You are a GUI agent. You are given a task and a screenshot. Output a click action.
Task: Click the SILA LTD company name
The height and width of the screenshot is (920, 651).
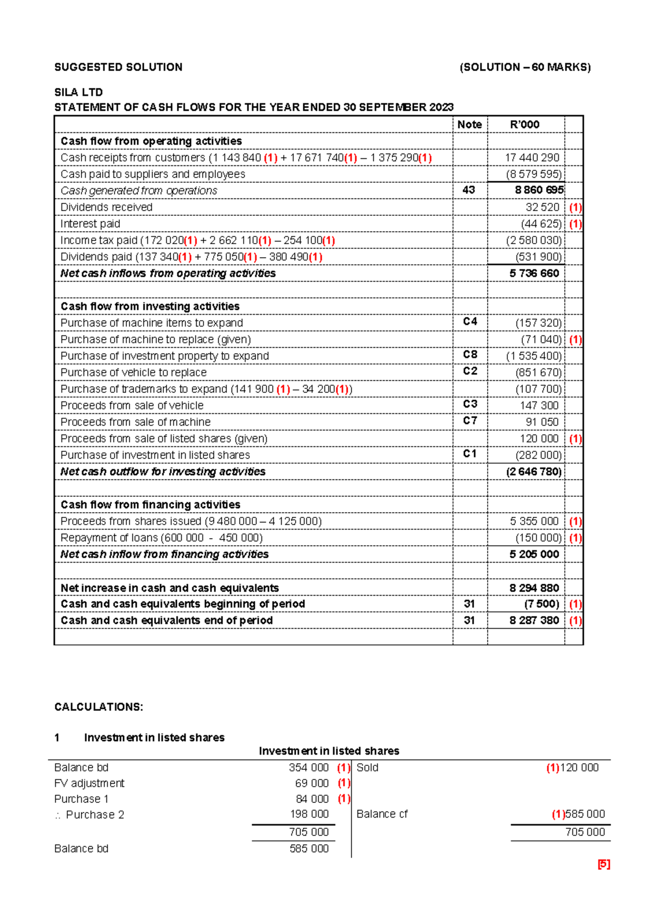[x=78, y=92]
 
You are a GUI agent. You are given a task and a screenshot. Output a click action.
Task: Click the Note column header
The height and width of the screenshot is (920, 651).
[x=469, y=124]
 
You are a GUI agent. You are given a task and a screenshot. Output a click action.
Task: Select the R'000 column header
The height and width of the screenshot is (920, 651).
[x=525, y=124]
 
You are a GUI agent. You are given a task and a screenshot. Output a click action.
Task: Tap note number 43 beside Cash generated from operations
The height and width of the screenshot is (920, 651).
[x=469, y=190]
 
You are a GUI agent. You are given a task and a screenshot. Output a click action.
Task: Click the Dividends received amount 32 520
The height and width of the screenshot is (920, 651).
[x=542, y=207]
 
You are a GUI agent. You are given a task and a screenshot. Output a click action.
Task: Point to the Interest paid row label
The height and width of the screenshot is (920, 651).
[x=90, y=223]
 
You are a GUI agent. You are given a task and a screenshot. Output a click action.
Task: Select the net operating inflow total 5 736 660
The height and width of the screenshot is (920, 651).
[x=534, y=273]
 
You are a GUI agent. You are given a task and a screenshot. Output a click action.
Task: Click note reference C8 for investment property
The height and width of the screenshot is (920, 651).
[x=470, y=355]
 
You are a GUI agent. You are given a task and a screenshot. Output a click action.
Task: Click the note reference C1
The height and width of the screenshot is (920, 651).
[x=470, y=454]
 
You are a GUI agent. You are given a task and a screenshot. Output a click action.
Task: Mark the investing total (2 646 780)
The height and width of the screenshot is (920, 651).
[x=534, y=472]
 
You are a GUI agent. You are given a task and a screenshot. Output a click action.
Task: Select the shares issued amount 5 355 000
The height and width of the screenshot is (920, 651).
[x=534, y=521]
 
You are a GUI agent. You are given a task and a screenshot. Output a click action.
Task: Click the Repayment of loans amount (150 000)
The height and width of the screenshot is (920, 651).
[x=538, y=538]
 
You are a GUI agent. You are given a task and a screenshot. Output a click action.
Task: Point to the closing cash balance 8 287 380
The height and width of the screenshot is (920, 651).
[x=534, y=621]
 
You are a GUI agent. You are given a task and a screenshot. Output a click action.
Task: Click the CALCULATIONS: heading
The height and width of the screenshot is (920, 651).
[x=99, y=707]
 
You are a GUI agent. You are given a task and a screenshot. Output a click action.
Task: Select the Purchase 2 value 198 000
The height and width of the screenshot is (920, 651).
[x=309, y=814]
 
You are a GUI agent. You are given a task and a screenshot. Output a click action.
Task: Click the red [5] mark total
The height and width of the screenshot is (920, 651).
[x=603, y=865]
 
